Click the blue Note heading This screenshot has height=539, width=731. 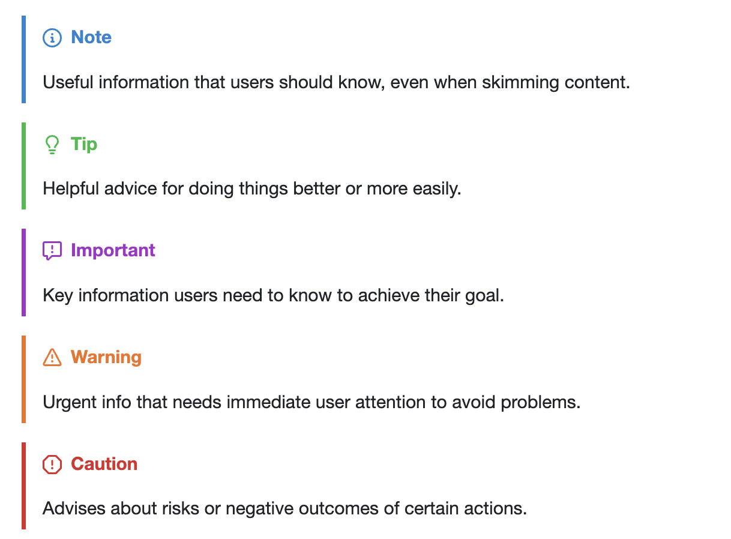[91, 37]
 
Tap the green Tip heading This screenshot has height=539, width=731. [84, 144]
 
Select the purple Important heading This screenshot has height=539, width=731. [113, 250]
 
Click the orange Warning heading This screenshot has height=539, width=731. [106, 357]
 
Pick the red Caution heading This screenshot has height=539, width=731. [104, 464]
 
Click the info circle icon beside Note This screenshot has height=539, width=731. [52, 38]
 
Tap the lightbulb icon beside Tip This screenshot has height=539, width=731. [52, 145]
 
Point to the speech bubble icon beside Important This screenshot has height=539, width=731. [52, 251]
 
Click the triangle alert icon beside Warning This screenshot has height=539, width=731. [52, 358]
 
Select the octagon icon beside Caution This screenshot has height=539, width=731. [52, 464]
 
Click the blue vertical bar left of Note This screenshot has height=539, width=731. [24, 59]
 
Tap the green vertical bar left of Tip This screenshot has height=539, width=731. [24, 166]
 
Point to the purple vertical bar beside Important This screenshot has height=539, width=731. [24, 273]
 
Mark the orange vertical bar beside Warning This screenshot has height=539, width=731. [24, 379]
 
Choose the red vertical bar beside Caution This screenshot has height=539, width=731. [24, 486]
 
